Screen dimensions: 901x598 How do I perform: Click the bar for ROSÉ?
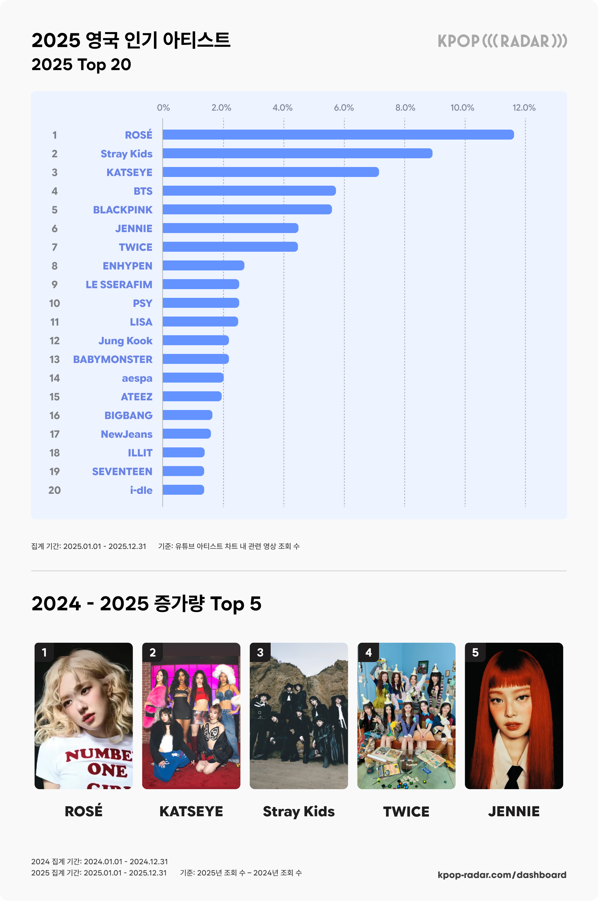[338, 135]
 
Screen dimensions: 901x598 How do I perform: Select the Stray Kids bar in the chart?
[297, 153]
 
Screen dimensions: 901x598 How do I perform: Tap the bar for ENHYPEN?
[203, 265]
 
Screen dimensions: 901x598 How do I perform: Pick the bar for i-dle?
[183, 490]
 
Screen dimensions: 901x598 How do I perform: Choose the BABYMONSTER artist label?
[112, 359]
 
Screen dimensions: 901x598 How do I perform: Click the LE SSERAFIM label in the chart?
[119, 284]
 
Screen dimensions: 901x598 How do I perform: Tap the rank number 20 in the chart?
[55, 490]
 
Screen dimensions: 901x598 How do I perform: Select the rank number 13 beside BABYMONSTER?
[55, 359]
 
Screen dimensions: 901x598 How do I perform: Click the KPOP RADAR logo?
[502, 41]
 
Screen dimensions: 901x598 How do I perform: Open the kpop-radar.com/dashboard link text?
[501, 875]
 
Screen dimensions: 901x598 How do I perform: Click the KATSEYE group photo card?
[191, 716]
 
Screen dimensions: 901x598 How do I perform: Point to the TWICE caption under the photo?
[406, 811]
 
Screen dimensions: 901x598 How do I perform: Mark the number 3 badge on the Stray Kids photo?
[260, 652]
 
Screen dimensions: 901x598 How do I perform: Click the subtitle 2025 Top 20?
[81, 64]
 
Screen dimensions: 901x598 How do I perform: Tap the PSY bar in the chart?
[201, 303]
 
